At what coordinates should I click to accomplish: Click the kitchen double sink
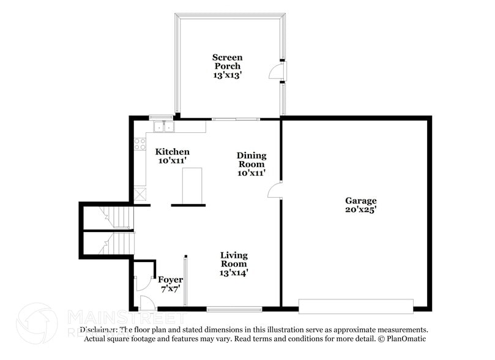tap(163, 127)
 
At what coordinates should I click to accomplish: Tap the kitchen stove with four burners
tap(140, 144)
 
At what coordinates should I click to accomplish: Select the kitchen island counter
tap(192, 186)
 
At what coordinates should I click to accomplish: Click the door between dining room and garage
tap(275, 190)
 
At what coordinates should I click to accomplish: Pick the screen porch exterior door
tap(278, 71)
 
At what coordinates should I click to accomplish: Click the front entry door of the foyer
tap(147, 304)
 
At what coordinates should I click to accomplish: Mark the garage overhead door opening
tap(355, 306)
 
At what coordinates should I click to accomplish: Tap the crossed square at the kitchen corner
tap(140, 194)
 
